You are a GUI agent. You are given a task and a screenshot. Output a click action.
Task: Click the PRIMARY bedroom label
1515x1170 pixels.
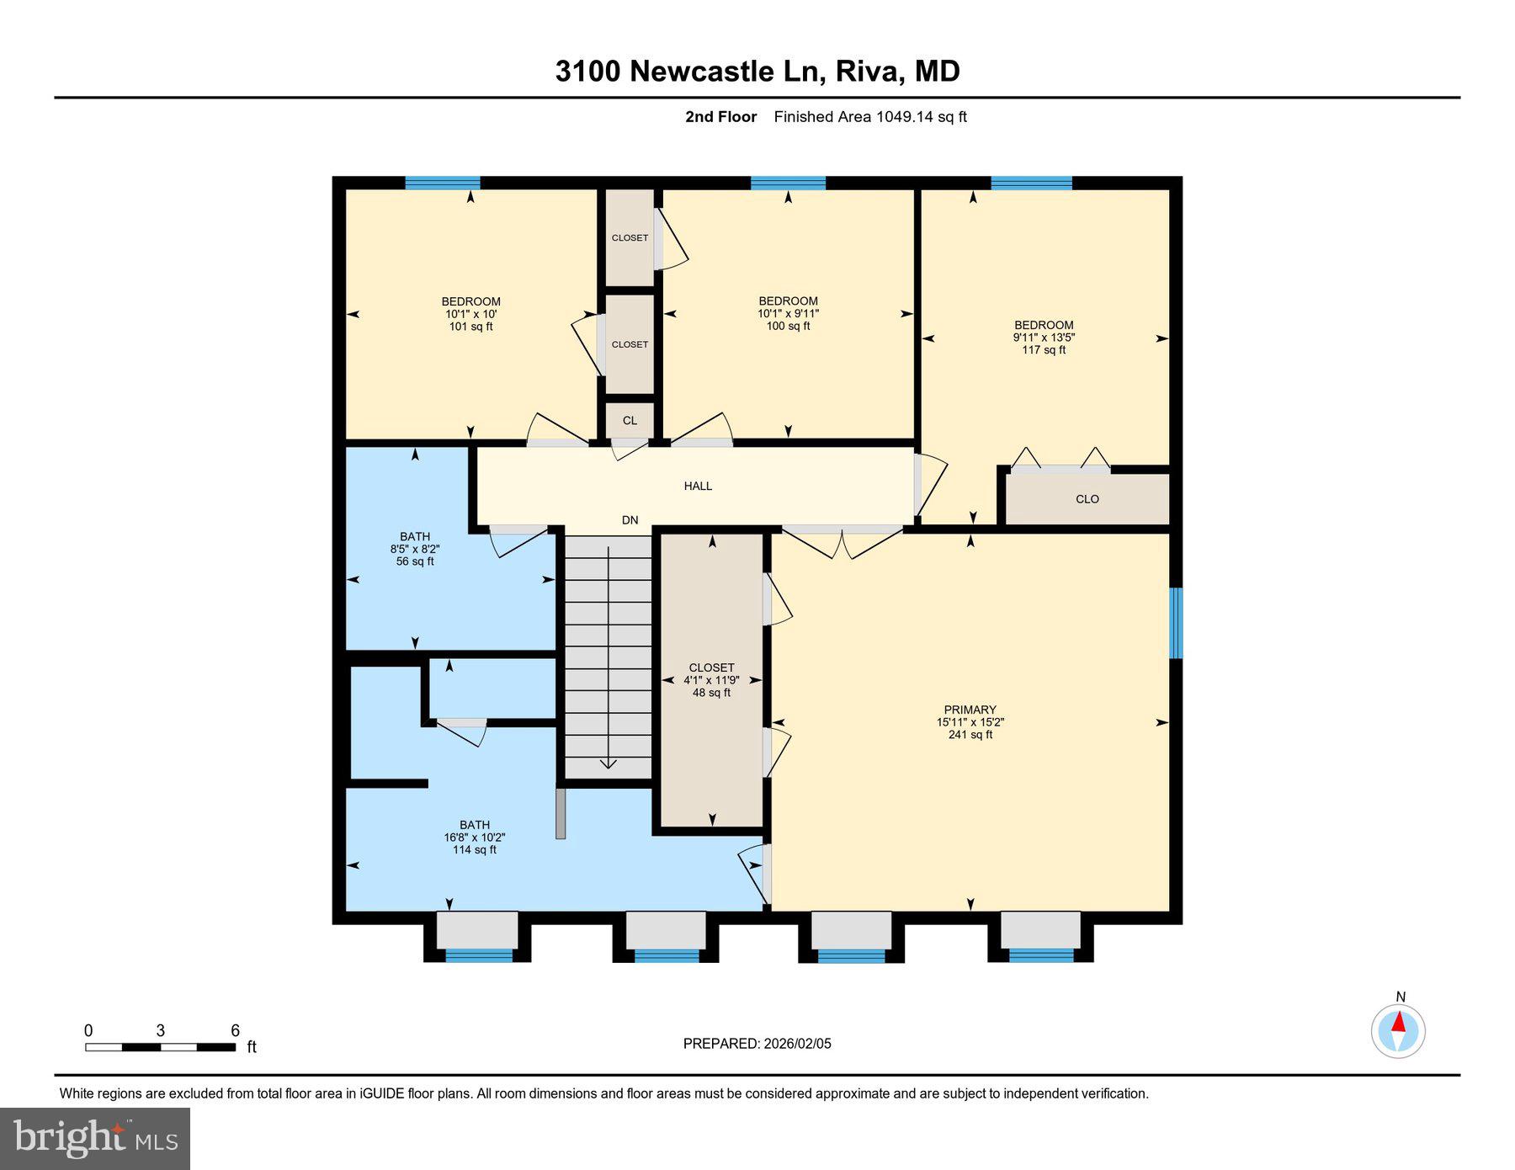tap(970, 710)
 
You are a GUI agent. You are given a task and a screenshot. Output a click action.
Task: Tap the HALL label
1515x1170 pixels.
tap(698, 486)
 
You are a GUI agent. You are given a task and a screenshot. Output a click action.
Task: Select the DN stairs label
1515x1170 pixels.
tap(630, 520)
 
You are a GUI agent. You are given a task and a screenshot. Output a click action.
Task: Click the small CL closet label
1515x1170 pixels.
tap(630, 420)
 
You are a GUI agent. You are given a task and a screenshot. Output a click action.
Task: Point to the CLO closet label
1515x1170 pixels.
tap(1087, 499)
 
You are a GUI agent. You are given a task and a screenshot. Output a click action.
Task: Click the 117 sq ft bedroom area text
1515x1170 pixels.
tap(1044, 350)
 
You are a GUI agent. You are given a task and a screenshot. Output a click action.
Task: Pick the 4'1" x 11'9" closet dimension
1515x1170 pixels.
tap(711, 680)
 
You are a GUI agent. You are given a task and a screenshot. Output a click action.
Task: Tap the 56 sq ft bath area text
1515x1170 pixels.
tap(415, 561)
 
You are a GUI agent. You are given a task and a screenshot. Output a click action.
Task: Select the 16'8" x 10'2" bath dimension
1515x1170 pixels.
tap(475, 838)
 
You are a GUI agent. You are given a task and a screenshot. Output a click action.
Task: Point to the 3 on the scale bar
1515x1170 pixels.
tap(160, 1031)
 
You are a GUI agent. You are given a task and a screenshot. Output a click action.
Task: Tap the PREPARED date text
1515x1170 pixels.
tap(757, 1044)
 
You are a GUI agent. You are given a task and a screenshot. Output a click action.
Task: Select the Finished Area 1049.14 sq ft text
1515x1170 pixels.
tap(869, 117)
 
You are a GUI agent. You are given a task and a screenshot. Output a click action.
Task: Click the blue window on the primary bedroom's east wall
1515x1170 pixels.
tap(1176, 623)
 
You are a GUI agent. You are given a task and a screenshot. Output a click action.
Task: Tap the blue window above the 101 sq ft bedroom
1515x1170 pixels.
tap(443, 183)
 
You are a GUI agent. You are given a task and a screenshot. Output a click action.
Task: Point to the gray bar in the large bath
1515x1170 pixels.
tap(561, 813)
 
